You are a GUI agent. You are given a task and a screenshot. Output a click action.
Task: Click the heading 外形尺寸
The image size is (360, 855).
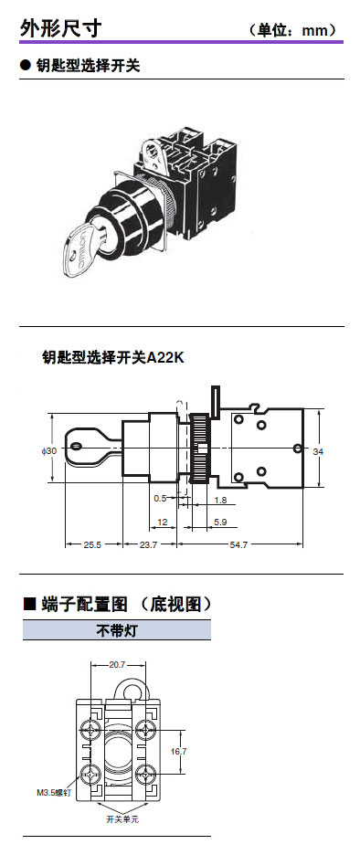pyautogui.click(x=61, y=27)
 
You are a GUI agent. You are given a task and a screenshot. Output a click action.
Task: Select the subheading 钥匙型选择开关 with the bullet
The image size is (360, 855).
pyautogui.click(x=80, y=66)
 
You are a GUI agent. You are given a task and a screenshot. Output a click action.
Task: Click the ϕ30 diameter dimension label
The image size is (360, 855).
pyautogui.click(x=48, y=451)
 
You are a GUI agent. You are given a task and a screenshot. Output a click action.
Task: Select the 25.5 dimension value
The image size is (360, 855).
pyautogui.click(x=92, y=544)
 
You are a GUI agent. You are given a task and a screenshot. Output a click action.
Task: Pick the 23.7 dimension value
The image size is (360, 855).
pyautogui.click(x=149, y=544)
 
